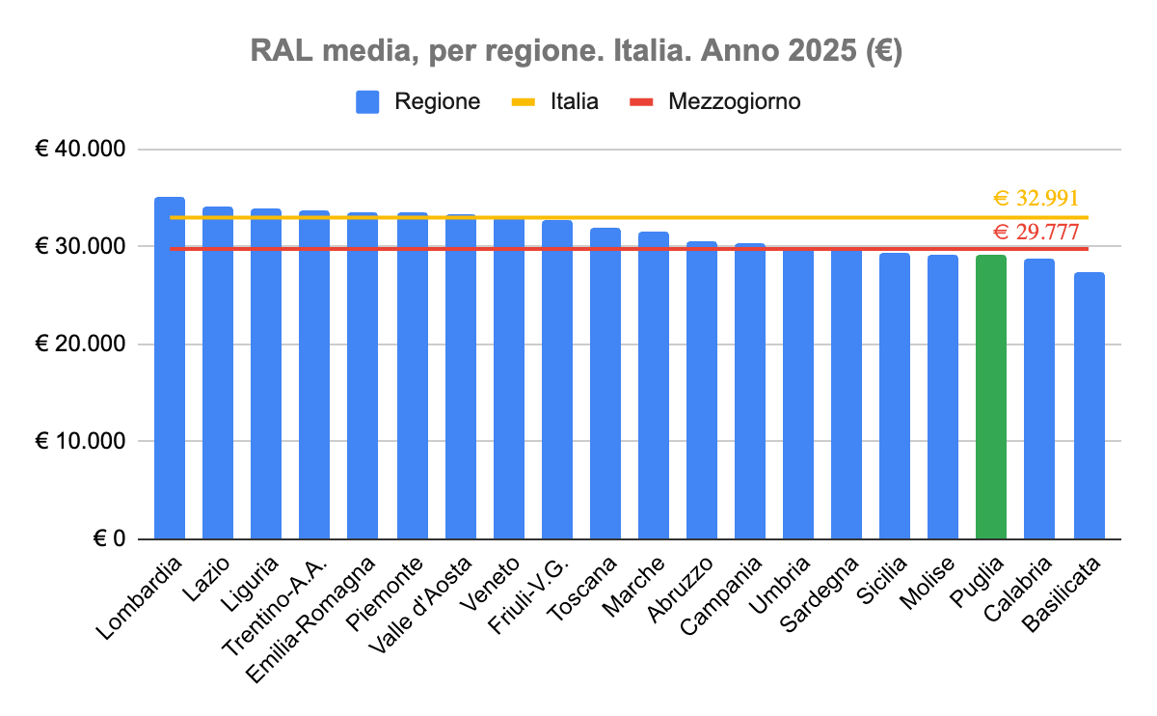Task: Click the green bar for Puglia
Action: coord(991,396)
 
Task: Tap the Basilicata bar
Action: coord(1090,405)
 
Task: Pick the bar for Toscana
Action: coord(605,386)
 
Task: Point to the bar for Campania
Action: coord(750,391)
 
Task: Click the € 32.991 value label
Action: coord(1036,199)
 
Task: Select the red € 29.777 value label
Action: coord(1036,232)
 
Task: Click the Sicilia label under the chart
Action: coord(883,583)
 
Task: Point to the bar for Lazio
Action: coord(218,372)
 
